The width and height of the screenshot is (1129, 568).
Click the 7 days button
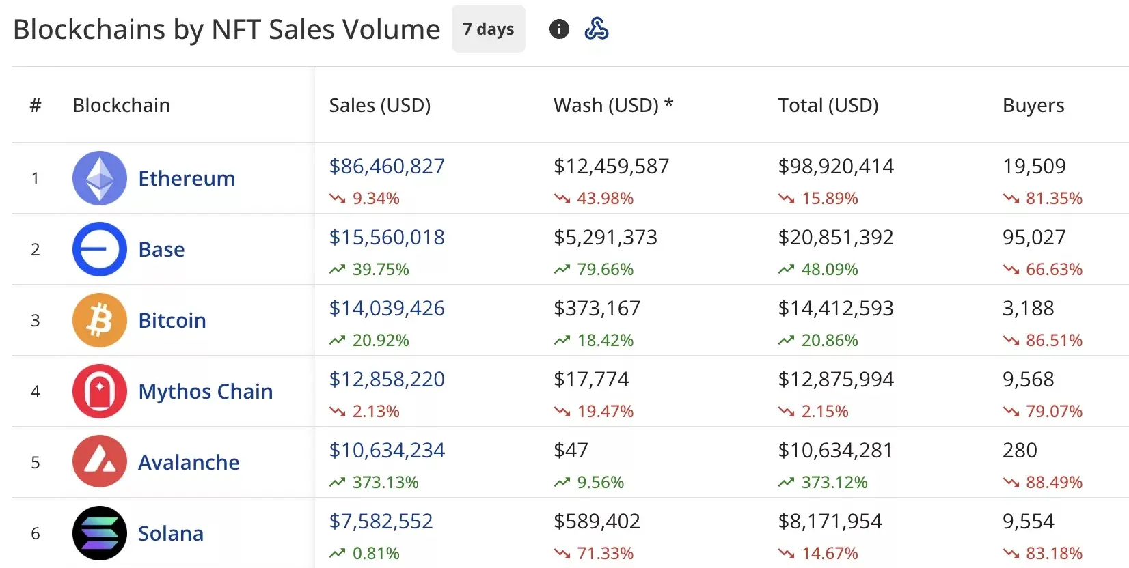(488, 29)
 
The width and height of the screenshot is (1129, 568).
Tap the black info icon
(559, 29)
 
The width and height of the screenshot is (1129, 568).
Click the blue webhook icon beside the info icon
(596, 29)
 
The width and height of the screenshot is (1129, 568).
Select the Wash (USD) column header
(613, 105)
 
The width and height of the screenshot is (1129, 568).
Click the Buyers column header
(1033, 105)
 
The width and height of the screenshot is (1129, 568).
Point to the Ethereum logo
(100, 178)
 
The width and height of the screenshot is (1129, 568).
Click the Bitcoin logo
(100, 320)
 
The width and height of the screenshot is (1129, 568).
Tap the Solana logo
(100, 533)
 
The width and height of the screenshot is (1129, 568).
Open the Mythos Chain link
(205, 391)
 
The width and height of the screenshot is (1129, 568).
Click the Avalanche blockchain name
(189, 462)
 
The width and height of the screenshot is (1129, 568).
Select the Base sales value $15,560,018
(387, 237)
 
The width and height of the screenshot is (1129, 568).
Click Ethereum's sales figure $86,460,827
(387, 166)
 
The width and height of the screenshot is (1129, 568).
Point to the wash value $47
(571, 450)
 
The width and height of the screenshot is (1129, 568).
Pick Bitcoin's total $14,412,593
(835, 308)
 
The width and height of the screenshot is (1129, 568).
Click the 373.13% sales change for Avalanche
(385, 482)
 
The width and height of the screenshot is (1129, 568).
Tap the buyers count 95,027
(1033, 237)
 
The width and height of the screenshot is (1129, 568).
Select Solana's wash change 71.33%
(605, 553)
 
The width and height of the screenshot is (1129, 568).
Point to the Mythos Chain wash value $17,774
(591, 379)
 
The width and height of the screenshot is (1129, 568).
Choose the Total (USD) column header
(828, 105)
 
